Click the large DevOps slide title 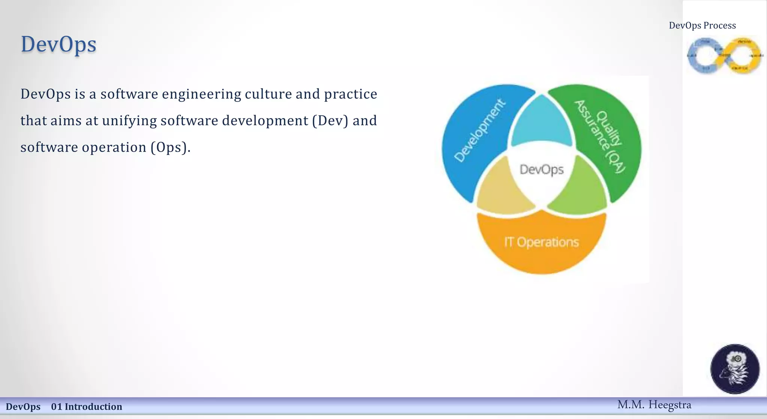point(59,45)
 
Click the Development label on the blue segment point(480,131)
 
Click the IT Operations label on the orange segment point(542,242)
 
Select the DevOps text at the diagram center point(542,170)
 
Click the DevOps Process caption point(702,26)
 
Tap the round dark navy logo point(735,369)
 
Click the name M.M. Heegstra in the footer point(654,405)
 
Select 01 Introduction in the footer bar point(87,407)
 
